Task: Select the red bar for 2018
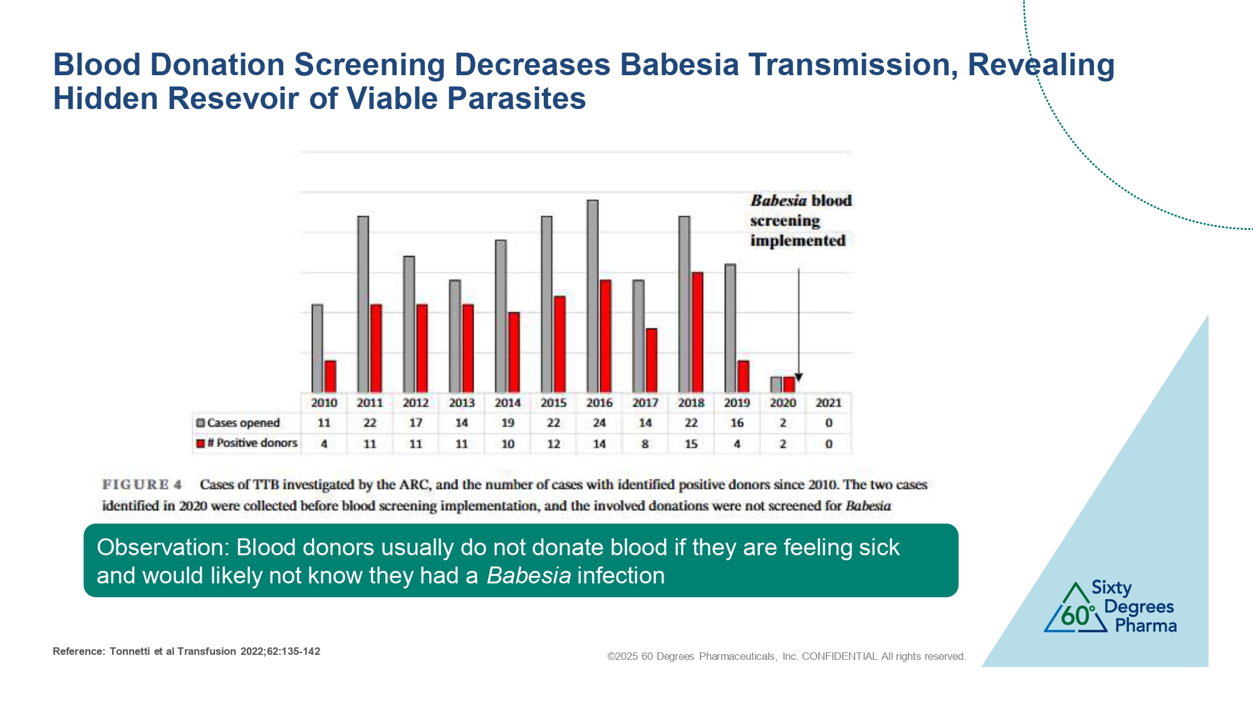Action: (x=697, y=332)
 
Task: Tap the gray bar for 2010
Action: (x=318, y=348)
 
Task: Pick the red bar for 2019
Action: (x=744, y=377)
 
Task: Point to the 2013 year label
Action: (x=462, y=403)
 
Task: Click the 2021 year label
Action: (x=828, y=403)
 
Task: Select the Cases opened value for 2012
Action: (x=416, y=423)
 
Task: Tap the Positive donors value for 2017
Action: (x=645, y=444)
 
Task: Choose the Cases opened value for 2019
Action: (x=737, y=423)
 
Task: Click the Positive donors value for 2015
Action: (x=554, y=444)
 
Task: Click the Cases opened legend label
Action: (x=243, y=423)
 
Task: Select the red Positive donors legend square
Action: (x=200, y=444)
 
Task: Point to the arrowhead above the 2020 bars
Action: (x=798, y=377)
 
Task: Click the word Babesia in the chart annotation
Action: (x=779, y=201)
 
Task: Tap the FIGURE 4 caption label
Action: (x=142, y=484)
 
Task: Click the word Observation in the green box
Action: (x=163, y=548)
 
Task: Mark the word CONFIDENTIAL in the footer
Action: (x=840, y=656)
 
